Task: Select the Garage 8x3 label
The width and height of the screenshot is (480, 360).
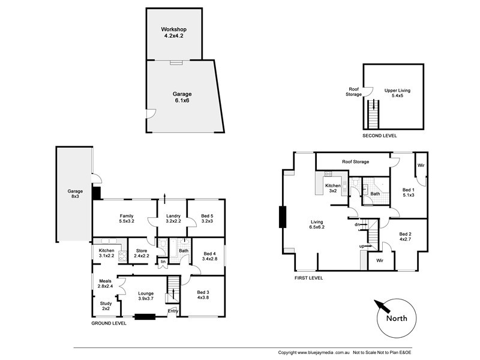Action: (x=75, y=194)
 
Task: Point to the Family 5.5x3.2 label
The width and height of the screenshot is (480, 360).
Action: (x=127, y=218)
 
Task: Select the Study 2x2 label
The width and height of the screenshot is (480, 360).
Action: (x=106, y=306)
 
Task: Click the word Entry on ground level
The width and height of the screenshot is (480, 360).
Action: (x=173, y=310)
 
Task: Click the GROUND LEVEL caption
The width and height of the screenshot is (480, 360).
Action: (x=109, y=323)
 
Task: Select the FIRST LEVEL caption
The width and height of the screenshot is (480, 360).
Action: (x=308, y=278)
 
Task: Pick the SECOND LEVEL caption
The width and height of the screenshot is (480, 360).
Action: (x=380, y=136)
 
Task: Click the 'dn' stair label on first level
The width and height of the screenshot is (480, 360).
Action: (x=357, y=224)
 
